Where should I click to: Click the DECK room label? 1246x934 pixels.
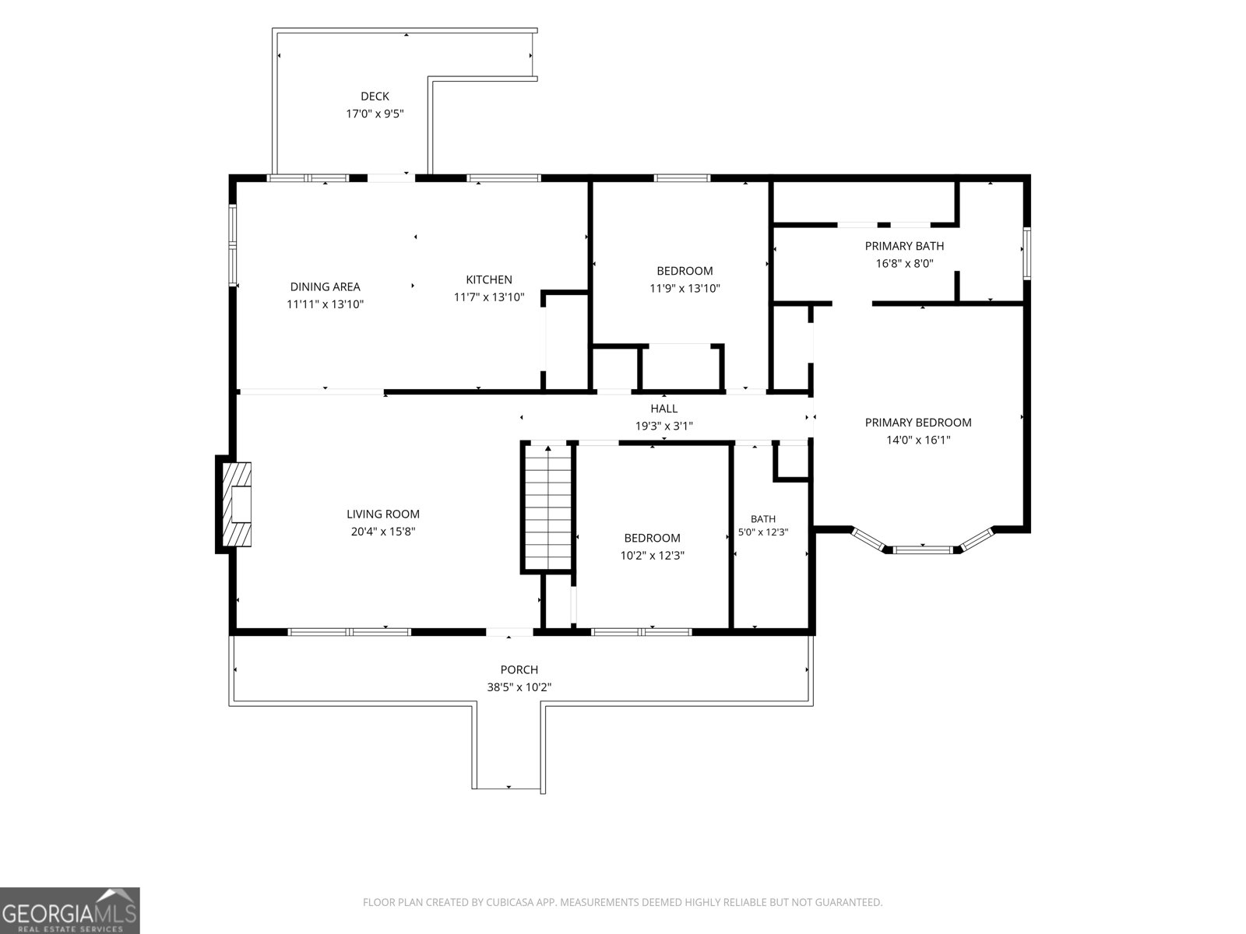[375, 97]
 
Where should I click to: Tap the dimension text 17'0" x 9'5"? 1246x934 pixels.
[375, 114]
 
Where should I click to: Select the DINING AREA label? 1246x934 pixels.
[325, 287]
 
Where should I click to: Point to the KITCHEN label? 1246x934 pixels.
[489, 279]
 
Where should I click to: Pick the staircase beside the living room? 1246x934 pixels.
[547, 507]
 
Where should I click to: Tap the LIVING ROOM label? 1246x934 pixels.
[383, 514]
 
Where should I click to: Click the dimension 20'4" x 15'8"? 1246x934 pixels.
[383, 532]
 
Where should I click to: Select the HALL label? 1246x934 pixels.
[663, 409]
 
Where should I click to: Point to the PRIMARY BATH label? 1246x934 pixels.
[904, 246]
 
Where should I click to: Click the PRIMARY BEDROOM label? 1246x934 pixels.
[918, 423]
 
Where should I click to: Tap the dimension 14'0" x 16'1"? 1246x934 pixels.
[918, 440]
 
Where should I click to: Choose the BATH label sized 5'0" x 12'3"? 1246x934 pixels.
[763, 519]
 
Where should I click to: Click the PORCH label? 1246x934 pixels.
[519, 669]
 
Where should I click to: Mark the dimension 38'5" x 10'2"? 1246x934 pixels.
[519, 687]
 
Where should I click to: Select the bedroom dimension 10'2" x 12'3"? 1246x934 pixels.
[652, 556]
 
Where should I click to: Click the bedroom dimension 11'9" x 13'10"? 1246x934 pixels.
[685, 289]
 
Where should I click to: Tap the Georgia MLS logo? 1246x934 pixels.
[70, 910]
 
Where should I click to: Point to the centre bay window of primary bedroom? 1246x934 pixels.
[923, 549]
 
